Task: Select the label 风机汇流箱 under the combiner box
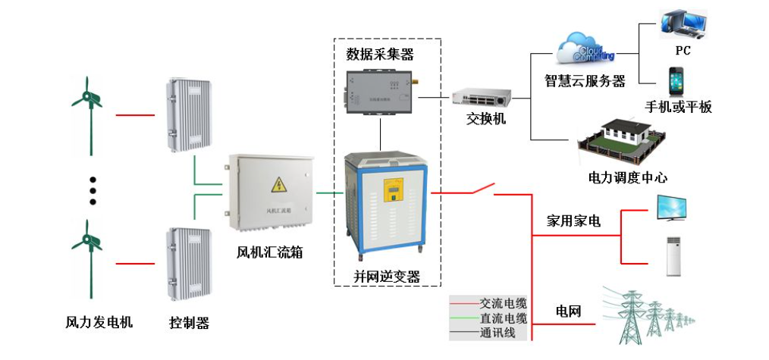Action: coord(269,252)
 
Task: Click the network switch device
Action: coord(482,96)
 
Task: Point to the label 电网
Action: coord(568,311)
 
